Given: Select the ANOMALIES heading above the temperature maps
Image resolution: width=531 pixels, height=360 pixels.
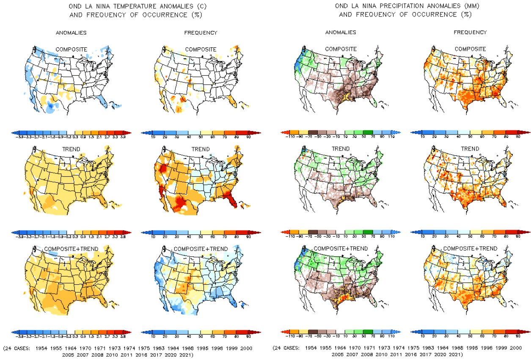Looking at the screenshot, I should point(72,33).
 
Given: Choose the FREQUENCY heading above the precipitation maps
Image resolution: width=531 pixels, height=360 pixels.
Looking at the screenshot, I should point(470,33).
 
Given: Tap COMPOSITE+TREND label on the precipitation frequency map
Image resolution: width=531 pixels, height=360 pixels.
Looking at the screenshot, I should point(470,248).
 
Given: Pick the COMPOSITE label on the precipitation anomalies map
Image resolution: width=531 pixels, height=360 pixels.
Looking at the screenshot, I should point(341,49).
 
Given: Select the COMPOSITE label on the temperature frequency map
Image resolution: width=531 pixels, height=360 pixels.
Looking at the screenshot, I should point(201,49).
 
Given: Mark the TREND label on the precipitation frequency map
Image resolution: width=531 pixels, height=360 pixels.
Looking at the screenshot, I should point(470,149).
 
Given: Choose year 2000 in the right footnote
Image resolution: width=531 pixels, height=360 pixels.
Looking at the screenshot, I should point(516,348).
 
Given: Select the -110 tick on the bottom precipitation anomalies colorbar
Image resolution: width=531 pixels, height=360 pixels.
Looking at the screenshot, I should point(289,337).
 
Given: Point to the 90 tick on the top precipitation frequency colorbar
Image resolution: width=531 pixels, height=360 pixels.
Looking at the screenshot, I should point(517,138).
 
